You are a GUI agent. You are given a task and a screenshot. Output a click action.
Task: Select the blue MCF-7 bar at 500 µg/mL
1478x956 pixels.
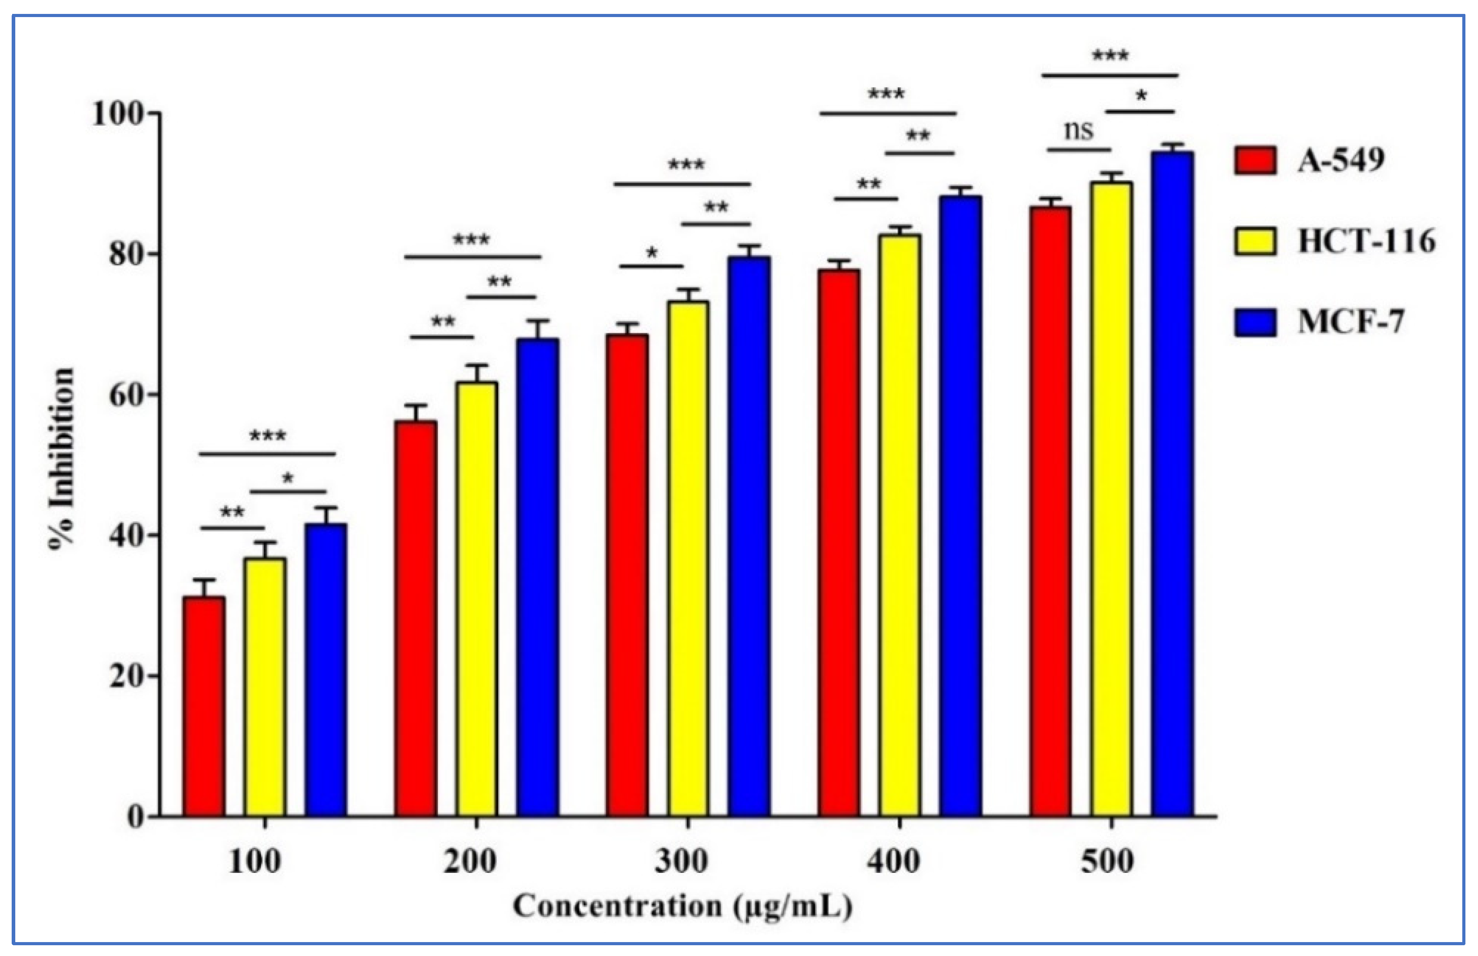(x=1172, y=484)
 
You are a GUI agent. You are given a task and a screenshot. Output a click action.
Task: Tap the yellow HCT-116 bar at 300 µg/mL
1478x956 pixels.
(x=687, y=559)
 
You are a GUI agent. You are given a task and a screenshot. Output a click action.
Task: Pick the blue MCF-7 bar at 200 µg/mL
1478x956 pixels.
(x=537, y=577)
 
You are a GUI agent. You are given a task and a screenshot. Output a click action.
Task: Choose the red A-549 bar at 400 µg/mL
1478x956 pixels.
(x=838, y=543)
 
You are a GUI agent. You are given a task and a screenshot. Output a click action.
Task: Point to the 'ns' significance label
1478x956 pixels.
(x=1078, y=130)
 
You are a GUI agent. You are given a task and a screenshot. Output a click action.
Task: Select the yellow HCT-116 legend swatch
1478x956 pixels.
(x=1255, y=241)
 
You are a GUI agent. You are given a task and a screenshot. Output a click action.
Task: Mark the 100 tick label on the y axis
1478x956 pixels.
(x=118, y=114)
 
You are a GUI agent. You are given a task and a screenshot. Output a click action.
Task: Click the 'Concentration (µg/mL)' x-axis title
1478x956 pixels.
(x=682, y=906)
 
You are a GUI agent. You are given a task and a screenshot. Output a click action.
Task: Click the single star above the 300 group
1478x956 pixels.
(x=651, y=253)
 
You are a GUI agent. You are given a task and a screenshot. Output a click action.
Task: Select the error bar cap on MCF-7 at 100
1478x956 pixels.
(x=325, y=508)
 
